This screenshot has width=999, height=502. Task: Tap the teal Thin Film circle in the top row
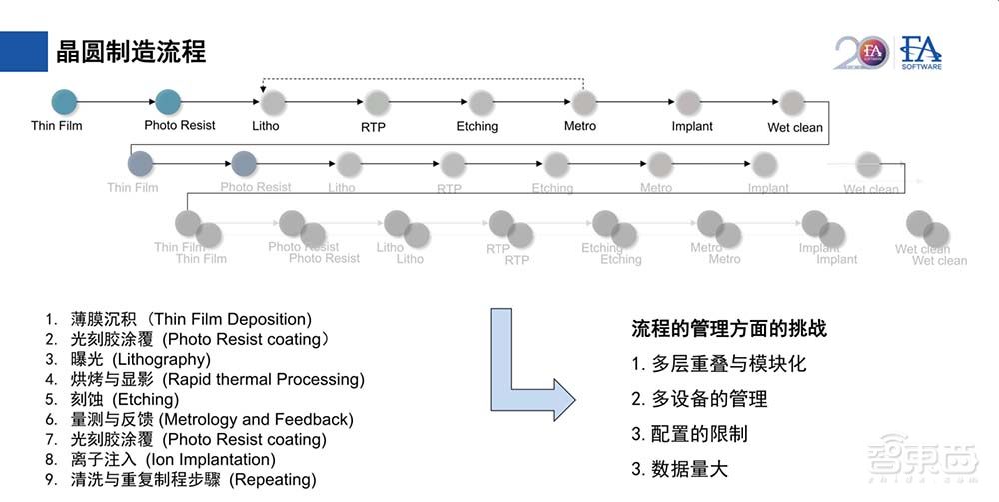click(x=64, y=101)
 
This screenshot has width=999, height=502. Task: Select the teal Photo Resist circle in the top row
click(x=168, y=101)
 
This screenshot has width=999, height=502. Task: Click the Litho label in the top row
click(x=266, y=126)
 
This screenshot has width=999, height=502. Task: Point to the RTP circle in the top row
click(x=377, y=102)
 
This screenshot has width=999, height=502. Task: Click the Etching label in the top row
click(x=477, y=126)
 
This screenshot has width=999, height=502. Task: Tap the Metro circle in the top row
click(x=584, y=102)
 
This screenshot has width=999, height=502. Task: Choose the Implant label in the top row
click(x=692, y=126)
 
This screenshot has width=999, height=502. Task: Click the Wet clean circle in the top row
click(x=792, y=102)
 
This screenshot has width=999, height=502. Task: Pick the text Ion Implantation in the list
click(x=210, y=459)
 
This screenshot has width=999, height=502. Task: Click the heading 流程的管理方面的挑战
click(x=729, y=328)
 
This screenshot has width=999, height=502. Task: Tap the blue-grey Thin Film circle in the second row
click(x=140, y=163)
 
